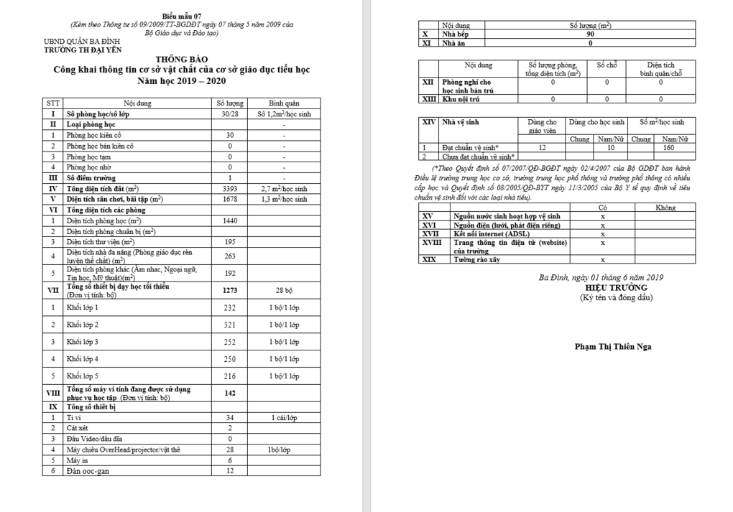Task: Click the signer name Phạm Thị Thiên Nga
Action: tap(613, 346)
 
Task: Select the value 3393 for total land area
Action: tap(230, 188)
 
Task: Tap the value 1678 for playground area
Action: tap(230, 199)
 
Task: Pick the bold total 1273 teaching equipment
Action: tap(230, 290)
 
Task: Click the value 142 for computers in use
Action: tap(230, 393)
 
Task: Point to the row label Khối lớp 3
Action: tap(83, 342)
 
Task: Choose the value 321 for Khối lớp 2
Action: tap(230, 325)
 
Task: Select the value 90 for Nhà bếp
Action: tap(590, 34)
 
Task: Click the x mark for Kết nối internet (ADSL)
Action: tap(602, 233)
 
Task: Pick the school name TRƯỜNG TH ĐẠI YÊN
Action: tap(81, 50)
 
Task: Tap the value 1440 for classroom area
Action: tap(230, 220)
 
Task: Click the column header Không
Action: tap(665, 207)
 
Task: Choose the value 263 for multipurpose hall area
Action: tap(230, 256)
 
